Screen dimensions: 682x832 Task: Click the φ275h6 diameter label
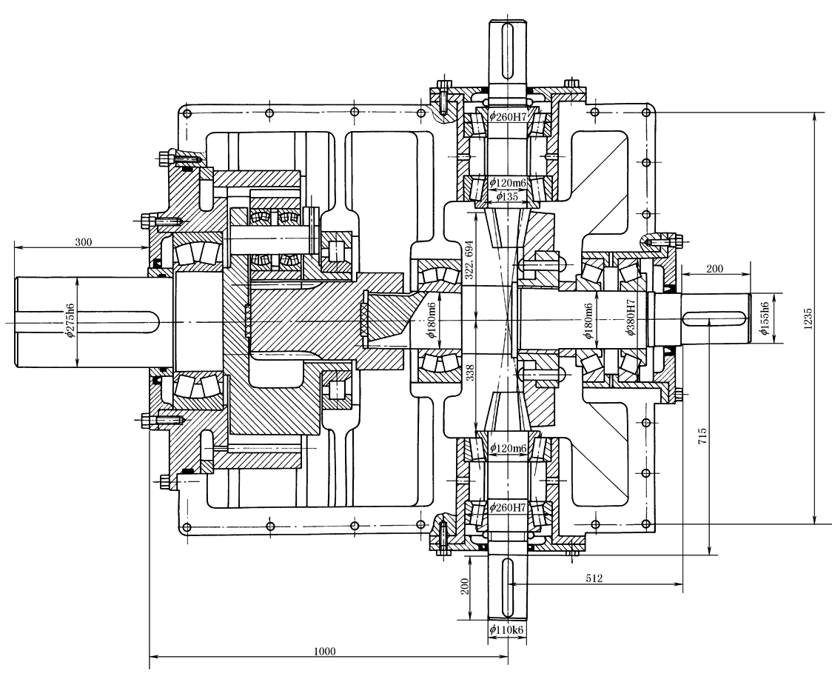[x=70, y=321]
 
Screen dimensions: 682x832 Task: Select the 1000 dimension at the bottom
[x=324, y=651]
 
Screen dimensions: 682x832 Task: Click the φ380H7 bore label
[x=631, y=319]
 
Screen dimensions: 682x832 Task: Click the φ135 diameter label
[x=507, y=196]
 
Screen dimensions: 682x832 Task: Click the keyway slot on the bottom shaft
[x=507, y=586]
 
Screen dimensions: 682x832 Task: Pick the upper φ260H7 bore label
[x=508, y=116]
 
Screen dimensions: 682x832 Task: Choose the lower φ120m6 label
[x=508, y=448]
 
